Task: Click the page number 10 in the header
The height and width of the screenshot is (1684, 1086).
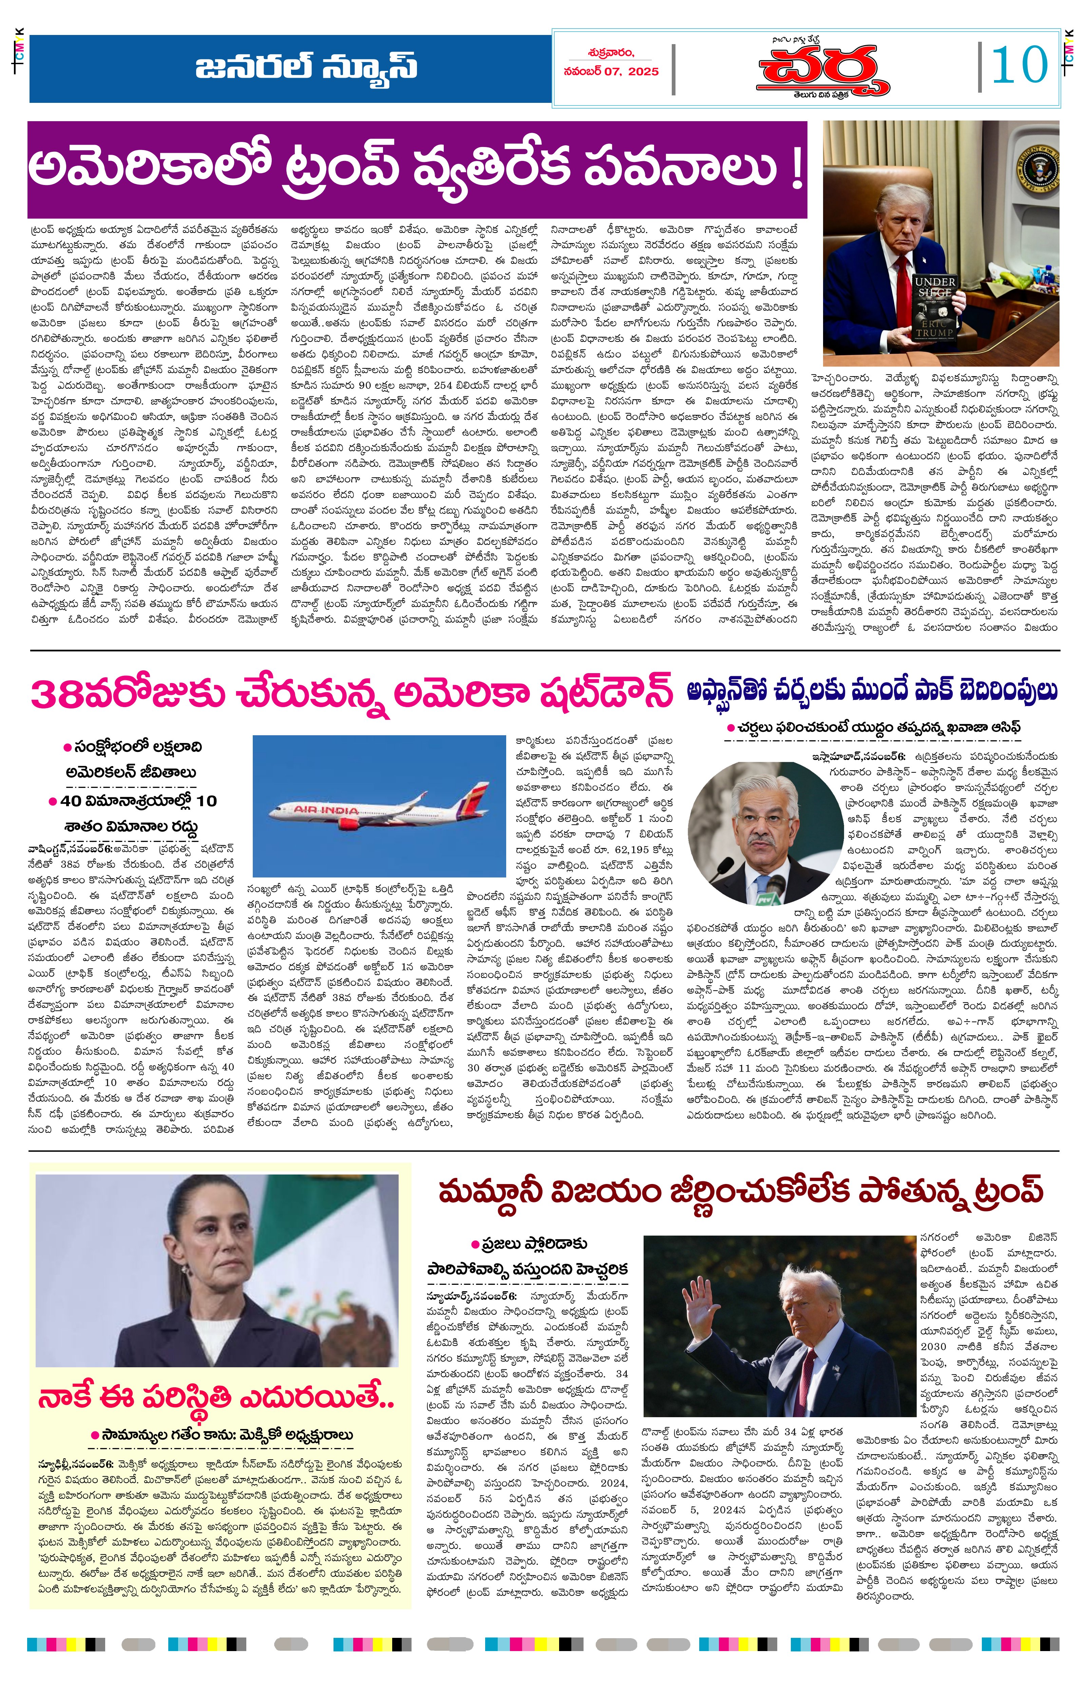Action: point(1019,66)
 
